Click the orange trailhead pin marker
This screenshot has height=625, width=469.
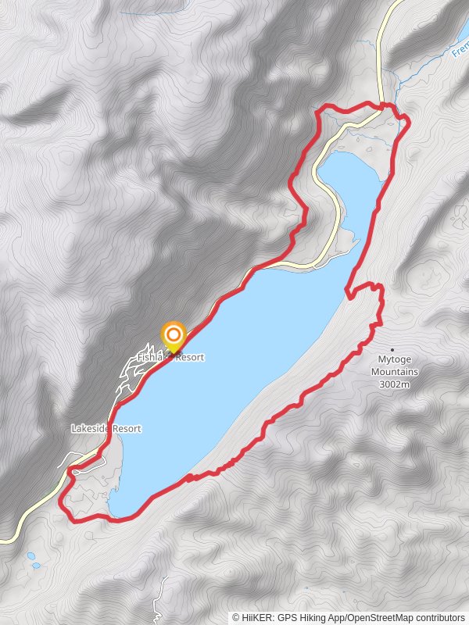click(173, 337)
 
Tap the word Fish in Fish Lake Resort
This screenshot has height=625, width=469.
click(145, 357)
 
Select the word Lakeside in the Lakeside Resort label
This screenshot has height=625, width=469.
click(91, 429)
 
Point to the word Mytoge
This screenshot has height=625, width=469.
click(395, 361)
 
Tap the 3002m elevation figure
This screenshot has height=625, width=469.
click(395, 384)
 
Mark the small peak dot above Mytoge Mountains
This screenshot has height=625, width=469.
click(392, 350)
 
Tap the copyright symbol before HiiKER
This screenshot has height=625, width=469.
click(236, 617)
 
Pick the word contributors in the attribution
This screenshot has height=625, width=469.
click(439, 617)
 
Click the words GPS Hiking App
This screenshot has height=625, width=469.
click(311, 617)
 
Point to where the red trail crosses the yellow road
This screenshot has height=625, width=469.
click(383, 105)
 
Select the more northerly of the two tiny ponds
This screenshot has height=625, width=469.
click(31, 555)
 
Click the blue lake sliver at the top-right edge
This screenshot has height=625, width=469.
click(465, 31)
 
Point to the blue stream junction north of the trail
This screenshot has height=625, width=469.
click(399, 78)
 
